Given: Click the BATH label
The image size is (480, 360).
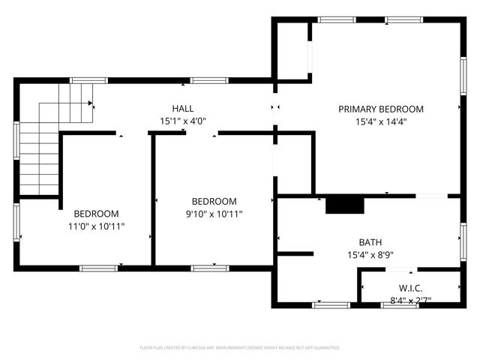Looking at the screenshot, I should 370,242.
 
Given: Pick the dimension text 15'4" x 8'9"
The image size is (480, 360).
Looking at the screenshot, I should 370,255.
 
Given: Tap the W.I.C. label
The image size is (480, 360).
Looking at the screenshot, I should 409,288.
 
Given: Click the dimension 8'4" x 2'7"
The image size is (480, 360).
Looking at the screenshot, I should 409,300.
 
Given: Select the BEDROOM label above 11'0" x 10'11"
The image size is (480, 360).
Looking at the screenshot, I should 96,213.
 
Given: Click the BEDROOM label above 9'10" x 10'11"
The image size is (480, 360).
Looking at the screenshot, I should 214,201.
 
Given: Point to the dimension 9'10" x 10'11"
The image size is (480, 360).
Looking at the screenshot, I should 214,214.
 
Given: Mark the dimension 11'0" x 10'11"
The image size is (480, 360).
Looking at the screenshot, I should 96,226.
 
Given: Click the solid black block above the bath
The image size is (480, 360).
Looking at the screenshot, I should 344,205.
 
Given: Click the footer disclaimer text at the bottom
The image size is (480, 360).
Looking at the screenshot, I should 240,348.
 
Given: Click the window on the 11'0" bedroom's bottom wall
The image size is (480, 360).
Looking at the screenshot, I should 98,268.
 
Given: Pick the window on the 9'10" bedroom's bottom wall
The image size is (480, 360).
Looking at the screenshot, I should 209,268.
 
